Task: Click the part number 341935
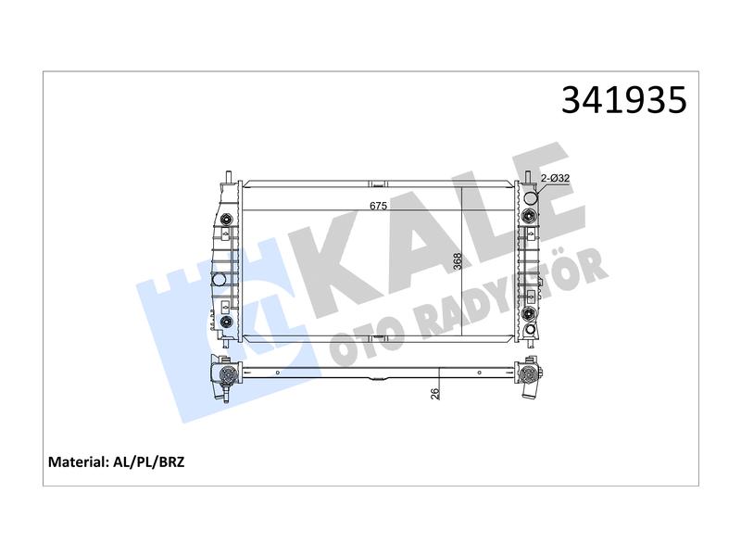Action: click(x=623, y=100)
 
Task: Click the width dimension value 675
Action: click(x=379, y=206)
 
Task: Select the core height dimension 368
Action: click(x=457, y=261)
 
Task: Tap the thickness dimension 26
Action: click(x=434, y=393)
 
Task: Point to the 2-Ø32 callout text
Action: click(x=555, y=178)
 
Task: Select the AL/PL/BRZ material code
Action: click(x=149, y=461)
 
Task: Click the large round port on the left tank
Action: click(x=220, y=280)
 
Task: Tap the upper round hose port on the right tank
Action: click(x=532, y=197)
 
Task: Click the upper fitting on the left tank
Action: click(x=227, y=220)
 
